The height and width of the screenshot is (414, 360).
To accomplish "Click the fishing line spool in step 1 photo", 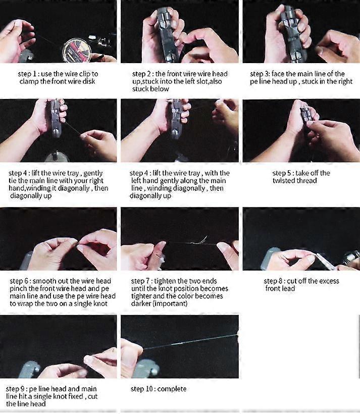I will click(76, 49).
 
